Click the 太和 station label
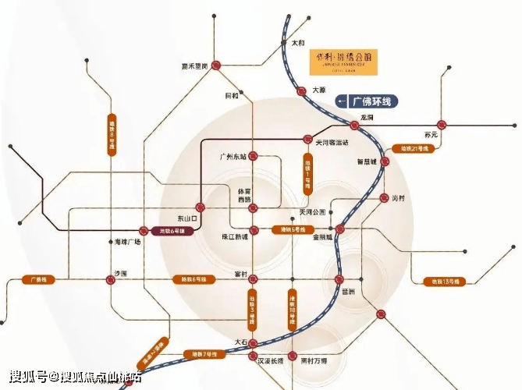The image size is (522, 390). tap(297, 43)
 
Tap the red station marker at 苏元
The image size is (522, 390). tap(442, 124)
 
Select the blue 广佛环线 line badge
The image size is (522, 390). tap(367, 101)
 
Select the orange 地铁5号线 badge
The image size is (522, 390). tap(286, 230)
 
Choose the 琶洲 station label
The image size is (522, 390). tap(347, 291)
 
